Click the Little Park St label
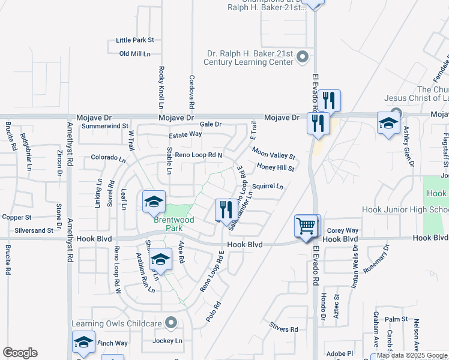click(x=135, y=40)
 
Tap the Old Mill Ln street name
click(x=134, y=54)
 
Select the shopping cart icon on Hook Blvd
click(x=307, y=227)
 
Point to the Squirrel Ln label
click(x=268, y=186)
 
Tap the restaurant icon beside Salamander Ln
click(x=225, y=209)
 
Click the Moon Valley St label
click(x=274, y=153)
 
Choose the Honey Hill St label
click(x=275, y=168)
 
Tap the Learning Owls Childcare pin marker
click(x=172, y=324)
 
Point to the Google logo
click(x=20, y=353)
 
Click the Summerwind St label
click(x=105, y=126)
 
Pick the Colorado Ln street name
click(x=108, y=158)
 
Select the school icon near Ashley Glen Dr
click(x=388, y=124)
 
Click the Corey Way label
click(x=343, y=230)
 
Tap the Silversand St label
click(x=33, y=230)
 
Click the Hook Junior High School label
click(x=405, y=210)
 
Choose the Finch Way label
click(x=113, y=343)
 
